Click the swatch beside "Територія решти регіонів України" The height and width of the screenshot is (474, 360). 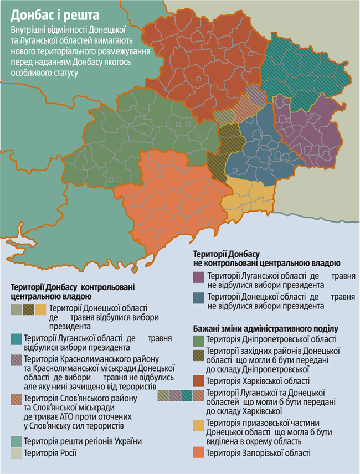[16, 441]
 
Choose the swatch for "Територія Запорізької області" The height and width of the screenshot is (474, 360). [198, 453]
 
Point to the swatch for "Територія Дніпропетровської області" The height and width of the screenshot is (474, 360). [198, 339]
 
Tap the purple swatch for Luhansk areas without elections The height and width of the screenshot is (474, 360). [198, 276]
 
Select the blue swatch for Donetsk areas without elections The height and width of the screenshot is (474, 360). [198, 298]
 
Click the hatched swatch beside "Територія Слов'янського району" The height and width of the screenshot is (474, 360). [16, 399]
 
